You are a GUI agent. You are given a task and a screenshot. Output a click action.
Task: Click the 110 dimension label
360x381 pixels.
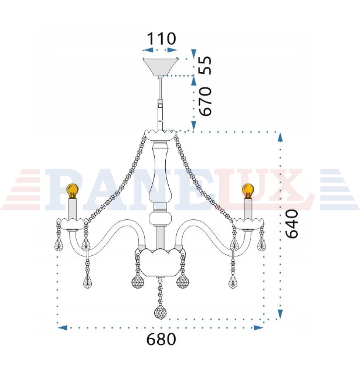click(161, 38)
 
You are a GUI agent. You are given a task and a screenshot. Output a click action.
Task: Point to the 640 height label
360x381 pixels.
click(291, 224)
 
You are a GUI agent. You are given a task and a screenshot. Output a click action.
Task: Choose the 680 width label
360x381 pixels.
click(161, 339)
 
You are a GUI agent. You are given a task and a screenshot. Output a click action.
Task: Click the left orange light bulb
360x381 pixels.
click(72, 191)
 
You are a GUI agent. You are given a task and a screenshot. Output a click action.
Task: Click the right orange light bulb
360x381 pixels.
click(248, 191)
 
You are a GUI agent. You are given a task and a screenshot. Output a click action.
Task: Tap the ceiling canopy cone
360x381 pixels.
click(160, 67)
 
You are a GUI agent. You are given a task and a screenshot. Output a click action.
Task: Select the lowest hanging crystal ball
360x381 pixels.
click(161, 312)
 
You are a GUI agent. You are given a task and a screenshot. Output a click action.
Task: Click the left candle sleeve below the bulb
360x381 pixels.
click(73, 209)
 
